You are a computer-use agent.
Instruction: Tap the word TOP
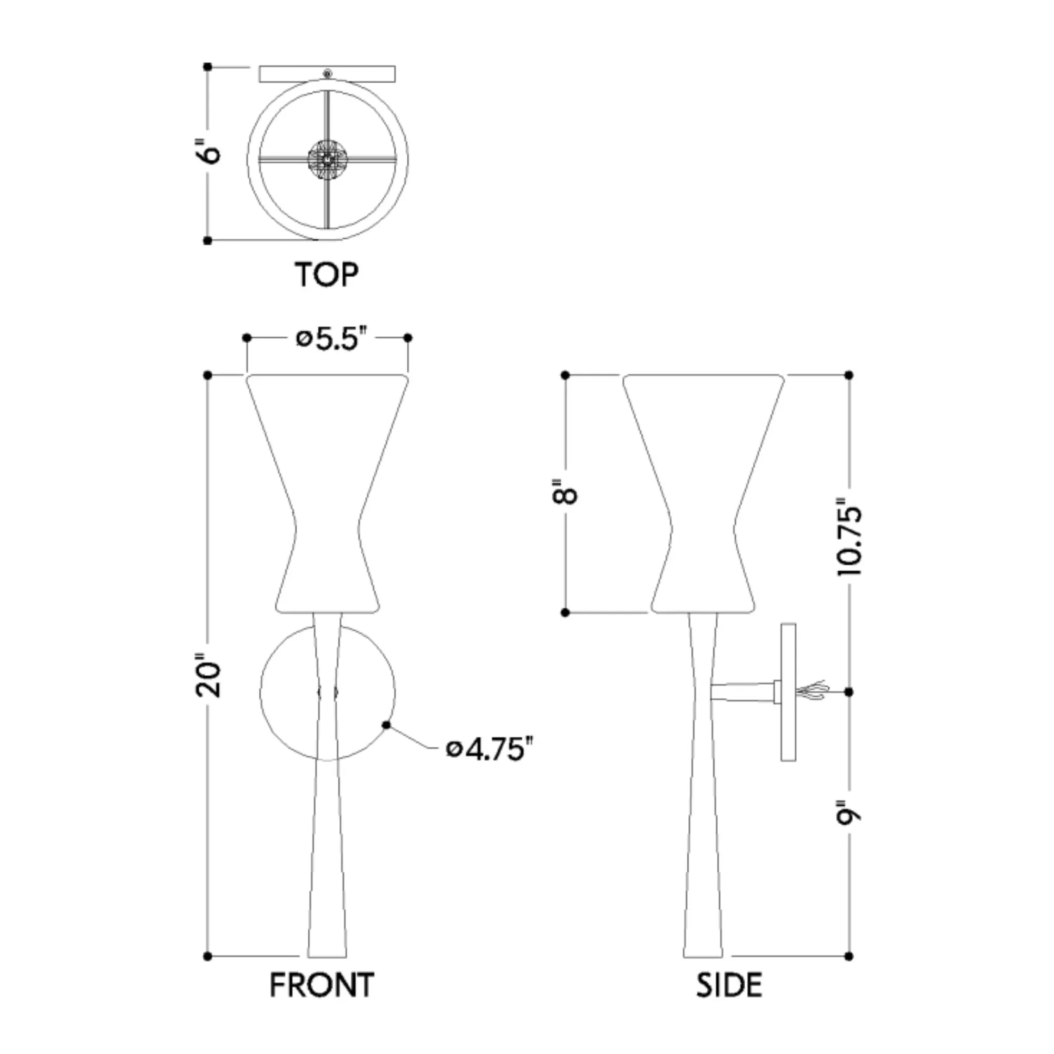[326, 275]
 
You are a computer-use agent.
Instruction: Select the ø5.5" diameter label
[327, 339]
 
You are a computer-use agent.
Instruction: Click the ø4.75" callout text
[489, 749]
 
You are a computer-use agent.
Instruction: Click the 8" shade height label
[565, 493]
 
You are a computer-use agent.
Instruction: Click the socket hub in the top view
[327, 159]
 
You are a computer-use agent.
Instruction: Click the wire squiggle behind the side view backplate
[813, 691]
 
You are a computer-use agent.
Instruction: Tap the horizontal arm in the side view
[742, 692]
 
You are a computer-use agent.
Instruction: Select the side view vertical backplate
[788, 692]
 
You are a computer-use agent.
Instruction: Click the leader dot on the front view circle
[387, 725]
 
